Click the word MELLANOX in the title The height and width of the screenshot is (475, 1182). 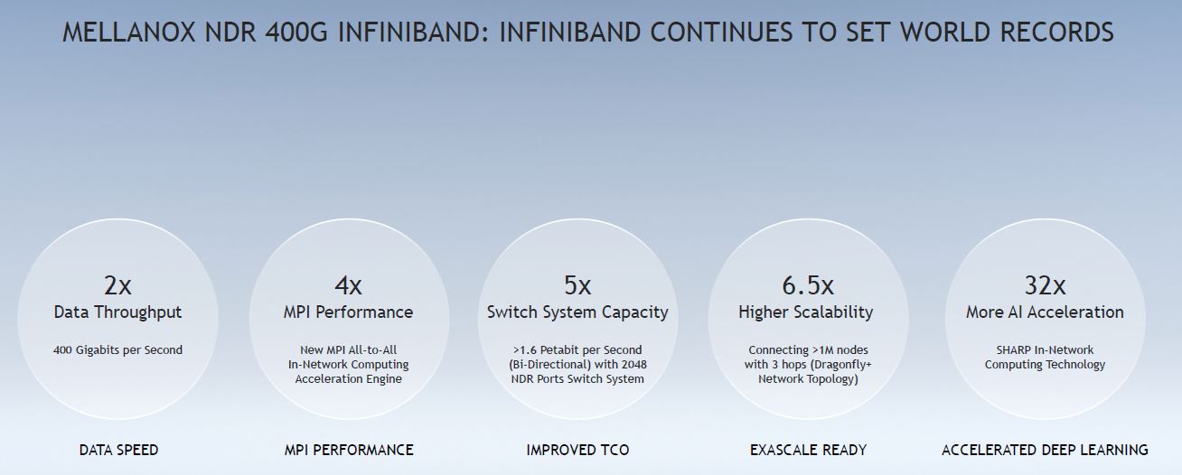click(129, 32)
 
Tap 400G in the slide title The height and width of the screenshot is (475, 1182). click(296, 32)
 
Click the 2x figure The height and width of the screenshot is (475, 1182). click(117, 285)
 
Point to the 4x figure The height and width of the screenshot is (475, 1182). click(348, 285)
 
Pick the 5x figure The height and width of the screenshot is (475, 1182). click(577, 285)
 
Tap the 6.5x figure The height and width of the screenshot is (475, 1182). click(808, 285)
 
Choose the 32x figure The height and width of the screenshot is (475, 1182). click(1045, 285)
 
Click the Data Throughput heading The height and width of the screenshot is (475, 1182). click(117, 312)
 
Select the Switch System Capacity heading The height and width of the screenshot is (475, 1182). click(577, 312)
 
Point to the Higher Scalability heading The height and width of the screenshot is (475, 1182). click(806, 312)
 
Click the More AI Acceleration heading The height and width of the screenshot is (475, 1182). click(1045, 312)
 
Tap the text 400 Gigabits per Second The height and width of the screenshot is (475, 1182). click(117, 350)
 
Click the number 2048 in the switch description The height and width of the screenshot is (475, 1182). click(633, 364)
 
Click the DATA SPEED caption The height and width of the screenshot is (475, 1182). click(118, 450)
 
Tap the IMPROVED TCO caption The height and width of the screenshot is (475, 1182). click(577, 450)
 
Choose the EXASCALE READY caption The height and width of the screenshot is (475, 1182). click(809, 450)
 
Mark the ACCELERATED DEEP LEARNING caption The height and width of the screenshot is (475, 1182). click(1045, 450)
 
